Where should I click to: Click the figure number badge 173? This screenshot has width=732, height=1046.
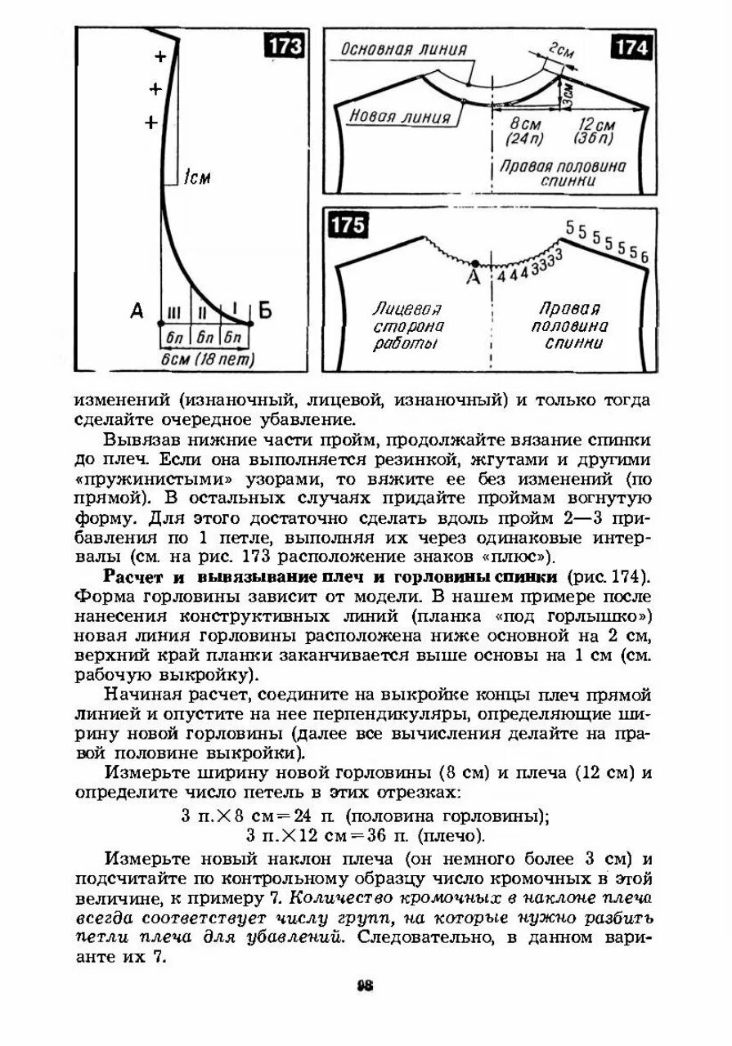pyautogui.click(x=285, y=47)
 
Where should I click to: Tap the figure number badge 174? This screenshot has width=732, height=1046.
pyautogui.click(x=631, y=47)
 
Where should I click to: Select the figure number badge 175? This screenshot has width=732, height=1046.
pyautogui.click(x=348, y=226)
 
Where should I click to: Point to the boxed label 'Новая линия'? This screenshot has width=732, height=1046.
pyautogui.click(x=400, y=117)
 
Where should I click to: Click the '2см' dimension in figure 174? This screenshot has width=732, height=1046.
pyautogui.click(x=561, y=52)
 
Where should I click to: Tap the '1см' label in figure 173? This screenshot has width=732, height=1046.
pyautogui.click(x=196, y=177)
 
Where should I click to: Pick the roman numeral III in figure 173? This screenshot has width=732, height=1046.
pyautogui.click(x=174, y=313)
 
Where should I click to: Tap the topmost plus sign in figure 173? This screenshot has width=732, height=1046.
pyautogui.click(x=160, y=57)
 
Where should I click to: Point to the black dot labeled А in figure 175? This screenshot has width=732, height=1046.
pyautogui.click(x=475, y=263)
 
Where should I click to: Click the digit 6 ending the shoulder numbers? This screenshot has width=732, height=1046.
pyautogui.click(x=644, y=258)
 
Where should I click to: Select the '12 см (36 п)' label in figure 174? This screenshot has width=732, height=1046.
pyautogui.click(x=596, y=132)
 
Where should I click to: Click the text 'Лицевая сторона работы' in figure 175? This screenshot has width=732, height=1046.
pyautogui.click(x=407, y=326)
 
